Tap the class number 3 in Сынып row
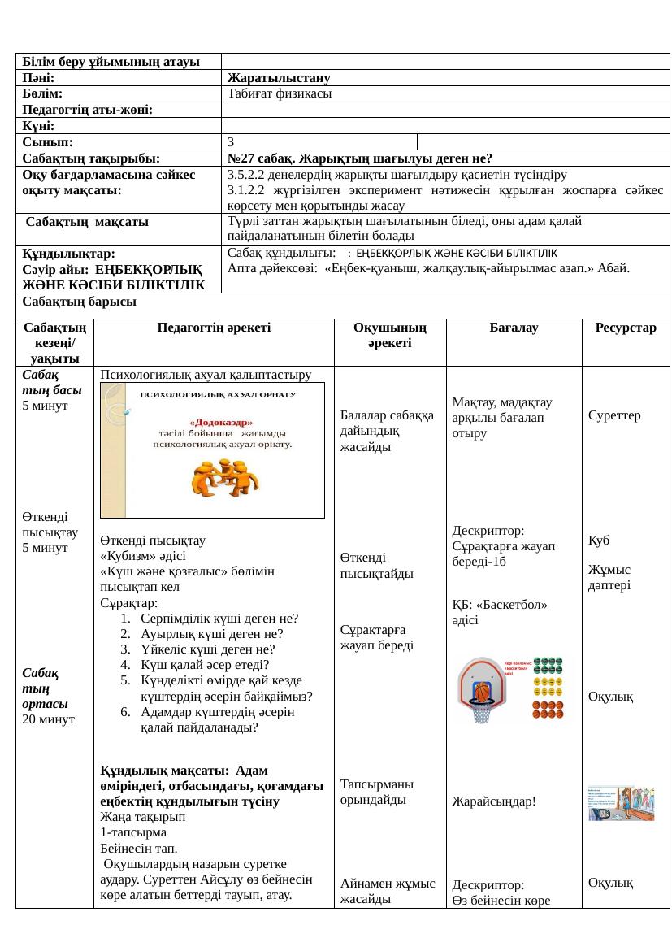pos(232,142)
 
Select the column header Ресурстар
pos(625,328)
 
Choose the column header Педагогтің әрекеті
pos(214,328)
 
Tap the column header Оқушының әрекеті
pos(390,335)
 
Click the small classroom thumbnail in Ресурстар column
pos(621,803)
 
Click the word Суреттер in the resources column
pos(615,415)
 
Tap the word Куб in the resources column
pos(600,540)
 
